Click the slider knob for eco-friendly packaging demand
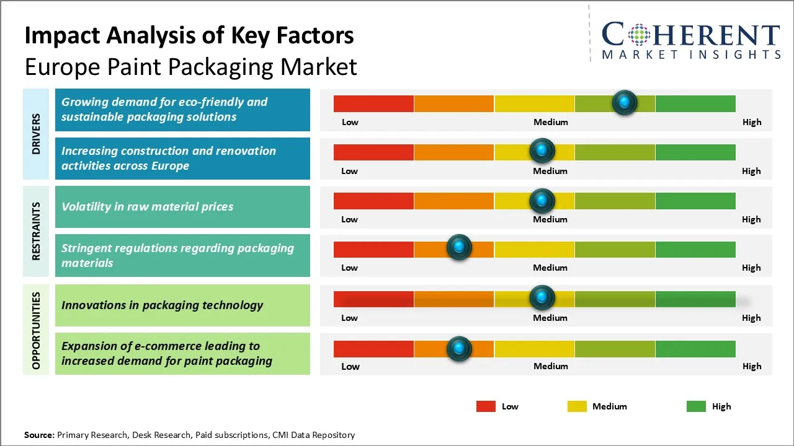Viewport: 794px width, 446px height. [625, 102]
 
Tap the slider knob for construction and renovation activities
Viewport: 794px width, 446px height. [542, 151]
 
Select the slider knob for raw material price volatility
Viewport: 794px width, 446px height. [542, 200]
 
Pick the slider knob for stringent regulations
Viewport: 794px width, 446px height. [459, 248]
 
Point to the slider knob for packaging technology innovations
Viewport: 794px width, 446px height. [542, 298]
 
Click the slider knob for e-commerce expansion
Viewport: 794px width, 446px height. [459, 349]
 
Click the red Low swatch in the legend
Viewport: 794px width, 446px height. [486, 406]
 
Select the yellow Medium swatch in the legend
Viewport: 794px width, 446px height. [577, 406]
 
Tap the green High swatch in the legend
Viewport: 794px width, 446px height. [696, 406]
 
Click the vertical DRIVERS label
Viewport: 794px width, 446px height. [37, 134]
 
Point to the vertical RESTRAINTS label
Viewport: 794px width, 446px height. [37, 231]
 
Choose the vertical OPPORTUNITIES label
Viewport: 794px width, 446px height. [37, 330]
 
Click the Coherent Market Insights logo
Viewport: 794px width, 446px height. [690, 41]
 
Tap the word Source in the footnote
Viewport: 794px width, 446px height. [39, 435]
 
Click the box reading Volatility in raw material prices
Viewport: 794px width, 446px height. [182, 207]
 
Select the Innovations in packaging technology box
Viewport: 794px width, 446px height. [182, 305]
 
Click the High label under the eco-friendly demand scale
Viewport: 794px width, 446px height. [752, 122]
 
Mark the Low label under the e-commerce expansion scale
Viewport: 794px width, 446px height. [350, 366]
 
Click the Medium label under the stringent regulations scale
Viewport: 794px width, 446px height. [550, 268]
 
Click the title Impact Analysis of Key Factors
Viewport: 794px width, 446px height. [189, 36]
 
